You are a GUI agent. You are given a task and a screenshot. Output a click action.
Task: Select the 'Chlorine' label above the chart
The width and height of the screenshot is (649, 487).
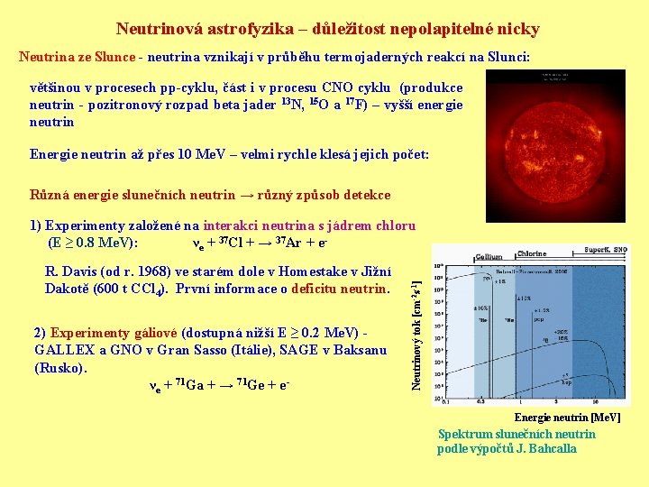click(x=531, y=253)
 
